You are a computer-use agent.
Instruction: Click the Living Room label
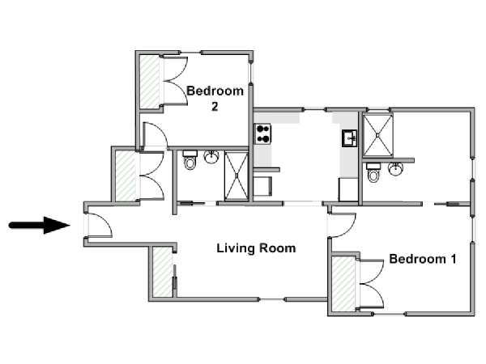[256, 248]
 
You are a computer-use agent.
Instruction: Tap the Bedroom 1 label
[423, 259]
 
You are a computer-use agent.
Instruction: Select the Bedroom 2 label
[215, 99]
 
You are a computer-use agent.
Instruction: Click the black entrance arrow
[39, 225]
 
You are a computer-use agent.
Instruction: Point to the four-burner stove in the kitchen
[262, 133]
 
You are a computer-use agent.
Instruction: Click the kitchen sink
[350, 138]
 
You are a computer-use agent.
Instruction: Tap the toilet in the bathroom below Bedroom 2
[190, 160]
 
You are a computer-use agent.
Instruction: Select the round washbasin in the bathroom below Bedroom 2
[211, 157]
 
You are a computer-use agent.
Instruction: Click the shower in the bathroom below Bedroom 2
[237, 176]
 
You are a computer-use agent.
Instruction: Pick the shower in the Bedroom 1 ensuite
[377, 135]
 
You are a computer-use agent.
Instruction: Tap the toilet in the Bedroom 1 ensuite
[373, 173]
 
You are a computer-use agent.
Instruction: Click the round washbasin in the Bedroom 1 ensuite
[396, 169]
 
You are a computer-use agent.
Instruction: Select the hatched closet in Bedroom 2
[150, 82]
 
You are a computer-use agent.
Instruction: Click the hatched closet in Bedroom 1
[343, 284]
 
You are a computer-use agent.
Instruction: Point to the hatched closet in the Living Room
[163, 272]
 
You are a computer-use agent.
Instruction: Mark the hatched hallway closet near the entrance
[126, 176]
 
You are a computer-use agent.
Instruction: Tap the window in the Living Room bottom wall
[272, 299]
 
